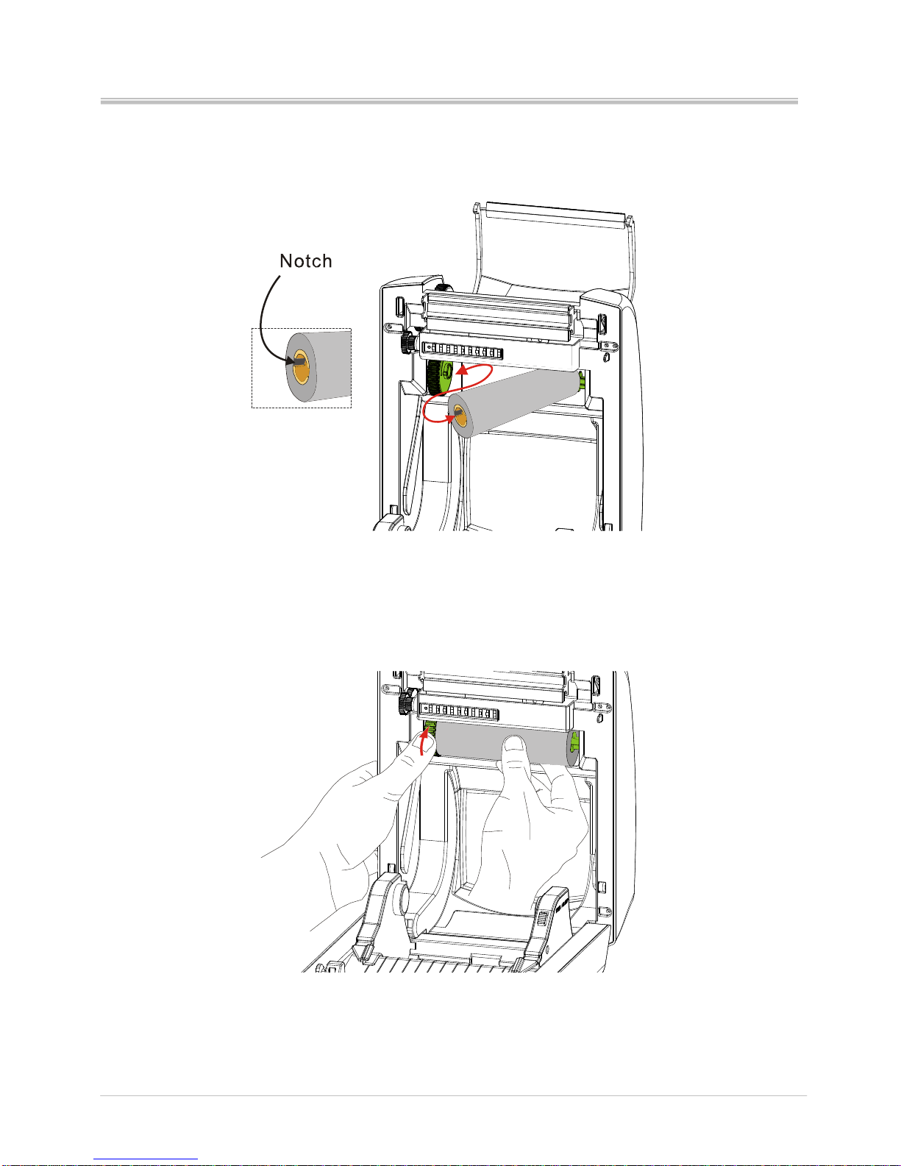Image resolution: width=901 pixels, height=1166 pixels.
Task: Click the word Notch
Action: pos(306,260)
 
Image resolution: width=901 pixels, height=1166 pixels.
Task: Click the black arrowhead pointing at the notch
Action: pos(290,361)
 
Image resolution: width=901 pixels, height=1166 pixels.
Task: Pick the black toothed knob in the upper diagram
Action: pos(407,342)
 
